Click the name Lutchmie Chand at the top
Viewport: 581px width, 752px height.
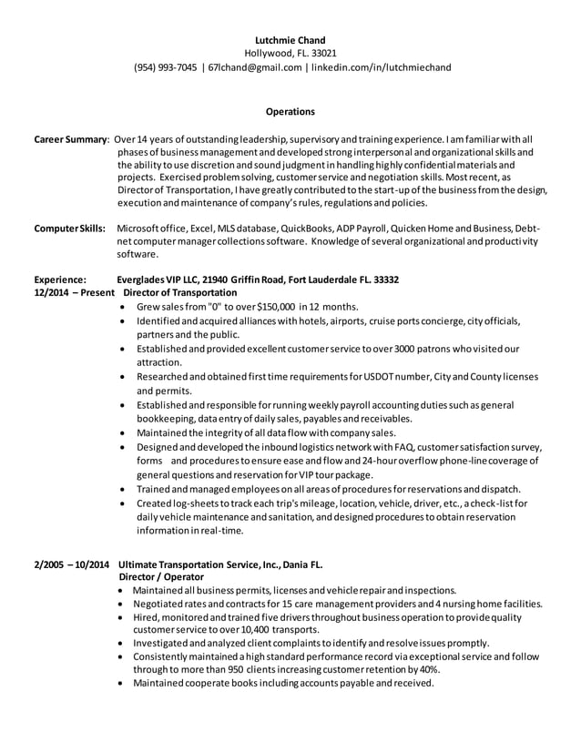(x=290, y=39)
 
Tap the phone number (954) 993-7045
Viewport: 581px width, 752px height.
(x=165, y=66)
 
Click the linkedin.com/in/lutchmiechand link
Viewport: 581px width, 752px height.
(x=380, y=66)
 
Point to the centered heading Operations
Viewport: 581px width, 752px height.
(x=290, y=112)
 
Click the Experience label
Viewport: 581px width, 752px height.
(x=60, y=279)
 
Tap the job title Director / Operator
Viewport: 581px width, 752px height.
(x=162, y=577)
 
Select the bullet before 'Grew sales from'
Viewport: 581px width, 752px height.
(x=124, y=308)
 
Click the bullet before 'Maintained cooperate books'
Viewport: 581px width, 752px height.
(x=124, y=683)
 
